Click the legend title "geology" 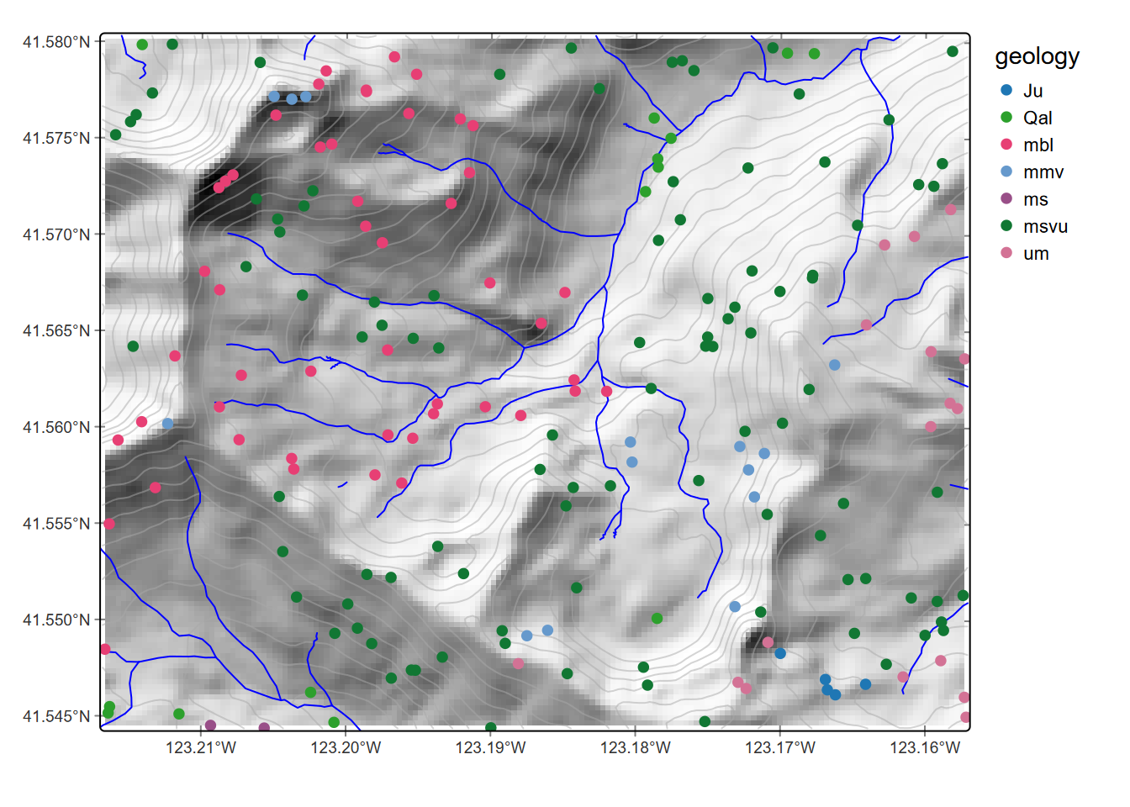[1037, 56]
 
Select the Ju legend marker [1006, 91]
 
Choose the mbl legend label [1038, 145]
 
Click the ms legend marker [1006, 199]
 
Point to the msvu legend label [1045, 226]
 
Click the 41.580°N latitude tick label [56, 42]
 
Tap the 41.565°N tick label [56, 331]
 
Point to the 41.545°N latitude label [56, 716]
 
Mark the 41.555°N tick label [56, 524]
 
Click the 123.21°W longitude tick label [201, 747]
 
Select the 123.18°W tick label [636, 747]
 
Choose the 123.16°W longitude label [925, 747]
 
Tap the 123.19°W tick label [491, 747]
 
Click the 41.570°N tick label [56, 235]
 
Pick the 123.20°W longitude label [346, 747]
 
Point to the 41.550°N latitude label [56, 620]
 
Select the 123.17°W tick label [780, 747]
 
